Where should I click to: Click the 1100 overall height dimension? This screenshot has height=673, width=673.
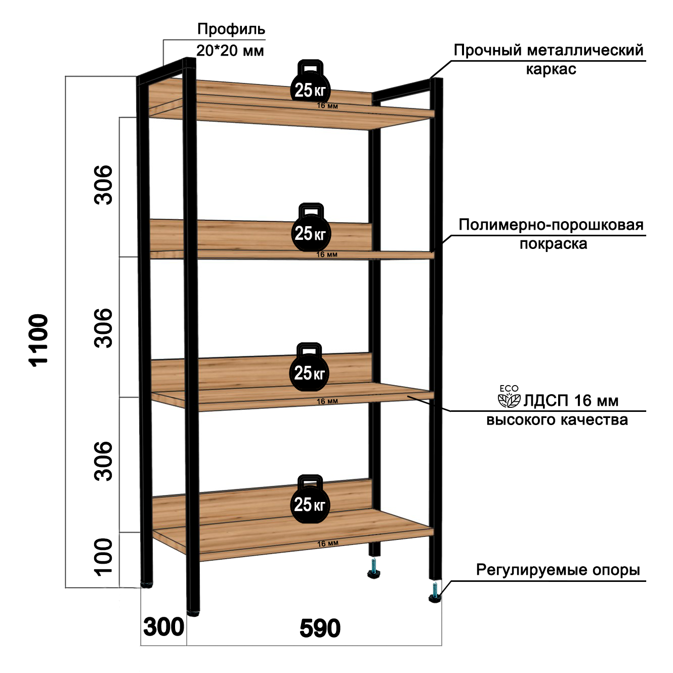point(38,340)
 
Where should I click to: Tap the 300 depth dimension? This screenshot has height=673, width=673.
point(163,627)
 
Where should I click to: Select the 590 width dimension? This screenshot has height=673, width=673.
point(320,628)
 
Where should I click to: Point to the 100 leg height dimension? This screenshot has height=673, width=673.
point(104,557)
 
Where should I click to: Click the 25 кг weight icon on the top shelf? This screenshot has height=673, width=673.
point(310,84)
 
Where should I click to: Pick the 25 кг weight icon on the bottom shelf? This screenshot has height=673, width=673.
point(310,499)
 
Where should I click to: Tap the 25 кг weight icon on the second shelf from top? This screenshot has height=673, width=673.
point(310,228)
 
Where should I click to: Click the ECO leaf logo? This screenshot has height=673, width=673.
point(509,397)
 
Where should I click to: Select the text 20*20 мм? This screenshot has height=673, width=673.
point(230,51)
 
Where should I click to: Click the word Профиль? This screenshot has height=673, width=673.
point(231,29)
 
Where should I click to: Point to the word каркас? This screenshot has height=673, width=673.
point(551,69)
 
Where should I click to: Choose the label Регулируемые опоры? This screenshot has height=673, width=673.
point(558,570)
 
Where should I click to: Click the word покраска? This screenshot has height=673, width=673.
point(553,244)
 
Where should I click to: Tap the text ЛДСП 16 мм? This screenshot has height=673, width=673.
point(570,401)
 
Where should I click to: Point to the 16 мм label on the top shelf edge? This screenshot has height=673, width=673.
point(327,106)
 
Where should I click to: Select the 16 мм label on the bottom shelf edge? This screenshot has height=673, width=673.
point(327,543)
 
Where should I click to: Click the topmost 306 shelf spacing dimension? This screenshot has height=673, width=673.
point(104,185)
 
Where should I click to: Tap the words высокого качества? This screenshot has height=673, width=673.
point(557,420)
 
